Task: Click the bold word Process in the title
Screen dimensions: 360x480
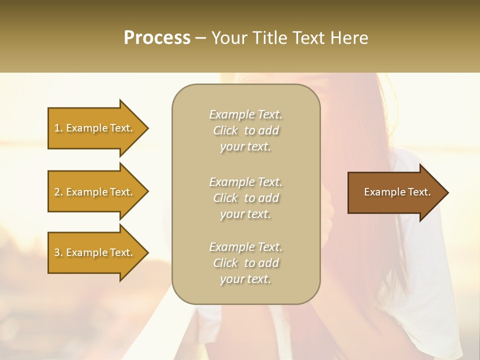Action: click(157, 38)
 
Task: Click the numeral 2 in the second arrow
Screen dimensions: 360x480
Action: click(57, 192)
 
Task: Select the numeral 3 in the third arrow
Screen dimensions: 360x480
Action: click(57, 252)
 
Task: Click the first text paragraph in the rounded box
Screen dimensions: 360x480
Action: click(245, 130)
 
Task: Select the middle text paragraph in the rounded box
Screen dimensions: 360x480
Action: click(245, 198)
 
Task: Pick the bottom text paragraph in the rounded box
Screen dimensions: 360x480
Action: click(245, 263)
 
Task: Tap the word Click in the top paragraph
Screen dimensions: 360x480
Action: click(225, 130)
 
